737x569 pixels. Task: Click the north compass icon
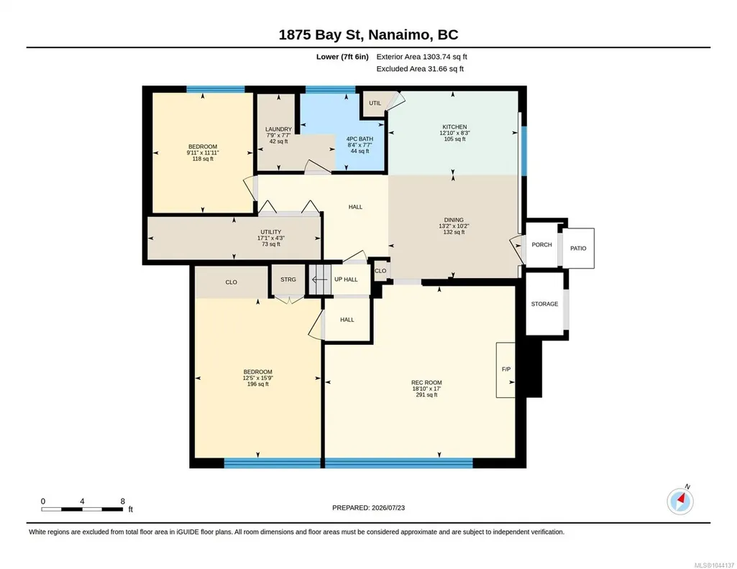pyautogui.click(x=680, y=501)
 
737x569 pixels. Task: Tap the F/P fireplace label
pyautogui.click(x=506, y=369)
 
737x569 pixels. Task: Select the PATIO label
pyautogui.click(x=578, y=249)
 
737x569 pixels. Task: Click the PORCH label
pyautogui.click(x=541, y=244)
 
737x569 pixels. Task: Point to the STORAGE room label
pyautogui.click(x=545, y=304)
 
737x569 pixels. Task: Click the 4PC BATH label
pyautogui.click(x=360, y=139)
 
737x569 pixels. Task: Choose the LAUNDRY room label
pyautogui.click(x=278, y=129)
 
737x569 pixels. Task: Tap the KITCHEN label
pyautogui.click(x=454, y=126)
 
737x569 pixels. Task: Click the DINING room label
pyautogui.click(x=454, y=220)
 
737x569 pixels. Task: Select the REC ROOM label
pyautogui.click(x=427, y=383)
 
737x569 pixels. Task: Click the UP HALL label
pyautogui.click(x=346, y=279)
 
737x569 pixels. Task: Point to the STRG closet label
pyautogui.click(x=288, y=279)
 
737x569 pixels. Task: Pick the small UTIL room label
pyautogui.click(x=375, y=103)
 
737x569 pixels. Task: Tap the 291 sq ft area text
pyautogui.click(x=427, y=395)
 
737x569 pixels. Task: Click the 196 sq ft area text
pyautogui.click(x=257, y=384)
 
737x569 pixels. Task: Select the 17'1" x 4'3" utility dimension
pyautogui.click(x=271, y=238)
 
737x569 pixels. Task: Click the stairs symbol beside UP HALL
pyautogui.click(x=320, y=280)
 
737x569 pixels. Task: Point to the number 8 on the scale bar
pyautogui.click(x=123, y=501)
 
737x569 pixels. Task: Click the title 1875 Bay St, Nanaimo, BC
pyautogui.click(x=368, y=34)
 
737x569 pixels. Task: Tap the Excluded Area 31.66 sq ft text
pyautogui.click(x=420, y=69)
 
